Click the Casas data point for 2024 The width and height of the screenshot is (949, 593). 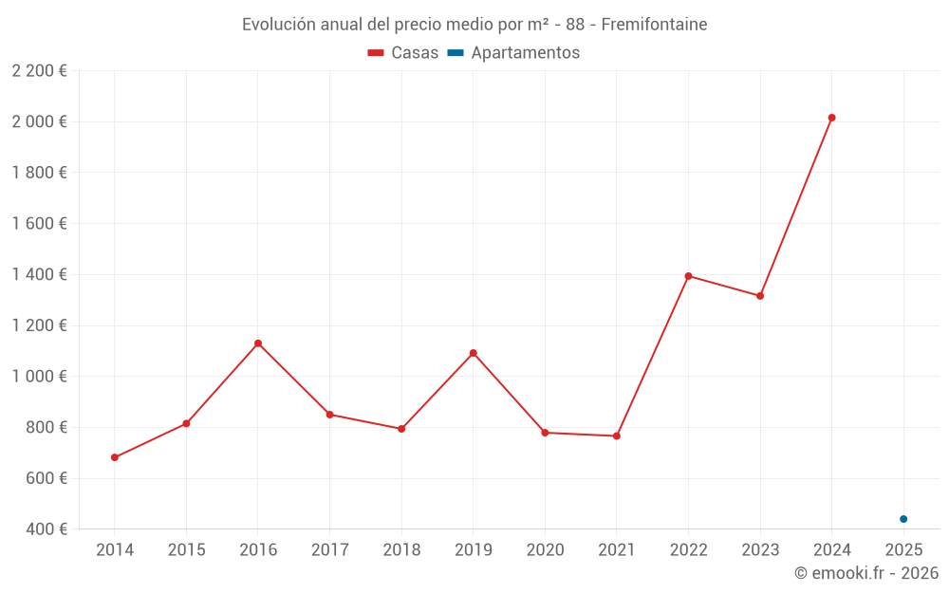click(831, 118)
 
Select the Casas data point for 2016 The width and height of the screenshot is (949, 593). click(258, 343)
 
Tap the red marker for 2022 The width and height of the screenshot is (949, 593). click(688, 276)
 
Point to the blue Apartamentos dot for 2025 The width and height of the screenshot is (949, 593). click(903, 519)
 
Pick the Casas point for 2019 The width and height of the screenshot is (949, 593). click(473, 353)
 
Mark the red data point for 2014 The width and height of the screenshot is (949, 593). click(115, 457)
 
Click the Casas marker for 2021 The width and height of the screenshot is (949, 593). click(617, 436)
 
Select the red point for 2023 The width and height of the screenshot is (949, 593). click(760, 296)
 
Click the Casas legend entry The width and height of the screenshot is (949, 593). click(403, 53)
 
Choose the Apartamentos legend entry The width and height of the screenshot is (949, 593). click(513, 53)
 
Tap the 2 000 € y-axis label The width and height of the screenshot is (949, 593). click(39, 121)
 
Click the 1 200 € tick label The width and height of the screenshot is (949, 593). click(39, 325)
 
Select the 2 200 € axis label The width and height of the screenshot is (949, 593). click(39, 70)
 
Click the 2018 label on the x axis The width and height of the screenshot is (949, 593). click(401, 550)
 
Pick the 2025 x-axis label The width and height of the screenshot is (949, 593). click(903, 550)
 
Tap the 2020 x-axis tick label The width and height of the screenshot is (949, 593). click(545, 550)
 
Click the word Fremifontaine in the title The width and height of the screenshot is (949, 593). click(654, 25)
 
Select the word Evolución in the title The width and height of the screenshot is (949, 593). click(278, 25)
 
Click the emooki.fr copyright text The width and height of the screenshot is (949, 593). click(866, 573)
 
